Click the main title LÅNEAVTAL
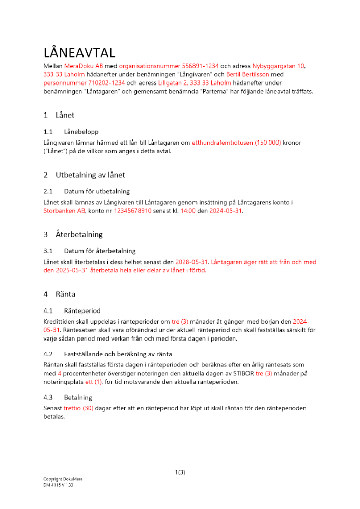point(79,53)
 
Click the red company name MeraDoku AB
point(84,66)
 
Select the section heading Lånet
point(65,115)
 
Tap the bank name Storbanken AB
point(64,210)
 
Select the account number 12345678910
point(132,210)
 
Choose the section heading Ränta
point(66,294)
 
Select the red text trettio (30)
point(78,408)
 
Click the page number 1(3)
point(180,472)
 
